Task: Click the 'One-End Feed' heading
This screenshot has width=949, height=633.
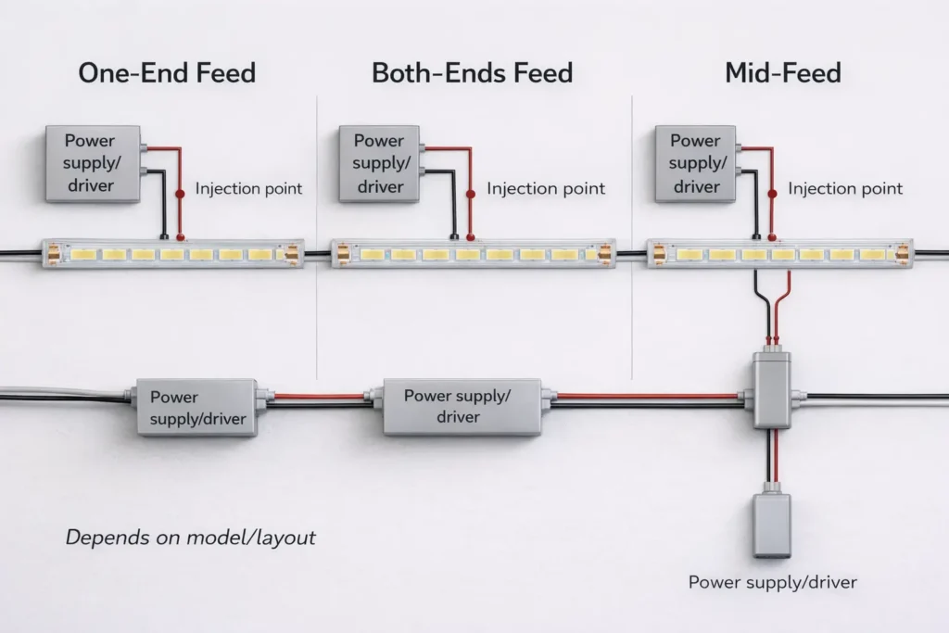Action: [x=167, y=73]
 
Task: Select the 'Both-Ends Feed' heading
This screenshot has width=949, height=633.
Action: [x=472, y=73]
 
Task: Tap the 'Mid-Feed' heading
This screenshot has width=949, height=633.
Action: [x=783, y=73]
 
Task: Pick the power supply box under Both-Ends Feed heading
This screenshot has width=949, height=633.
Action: [x=378, y=164]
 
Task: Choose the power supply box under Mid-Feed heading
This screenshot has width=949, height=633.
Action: [x=695, y=164]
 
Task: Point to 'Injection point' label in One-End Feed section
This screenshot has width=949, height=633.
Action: [x=248, y=189]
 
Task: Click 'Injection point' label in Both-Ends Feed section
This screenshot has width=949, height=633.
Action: [x=546, y=189]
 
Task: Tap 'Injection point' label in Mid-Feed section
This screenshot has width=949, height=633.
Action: [x=845, y=189]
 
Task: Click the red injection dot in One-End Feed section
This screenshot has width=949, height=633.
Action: [x=181, y=190]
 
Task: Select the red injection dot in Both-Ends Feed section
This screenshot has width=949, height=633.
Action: [x=470, y=193]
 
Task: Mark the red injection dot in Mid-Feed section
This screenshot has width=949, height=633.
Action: [x=772, y=192]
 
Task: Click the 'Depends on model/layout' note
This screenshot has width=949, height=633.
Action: [x=190, y=538]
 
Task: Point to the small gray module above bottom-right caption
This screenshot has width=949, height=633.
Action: [x=771, y=525]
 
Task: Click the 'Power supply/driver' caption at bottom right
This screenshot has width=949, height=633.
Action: [x=772, y=583]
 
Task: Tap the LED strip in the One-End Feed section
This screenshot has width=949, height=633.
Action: [x=173, y=253]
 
